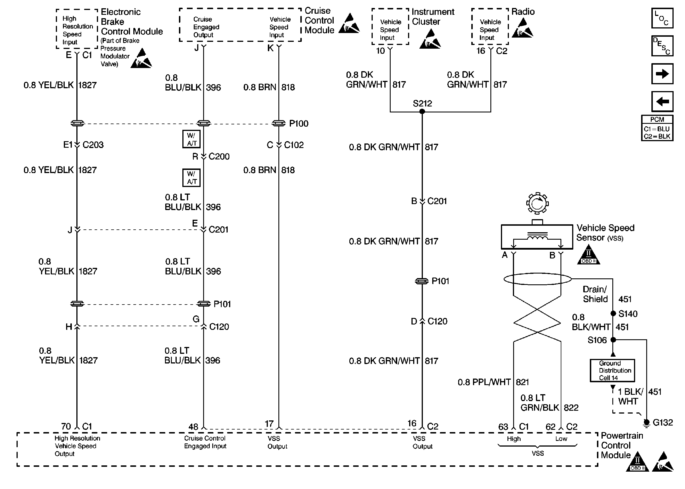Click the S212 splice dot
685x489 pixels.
[422, 111]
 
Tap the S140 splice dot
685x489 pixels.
[613, 313]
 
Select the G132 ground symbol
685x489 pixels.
[646, 423]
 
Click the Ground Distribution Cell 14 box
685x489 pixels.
[612, 370]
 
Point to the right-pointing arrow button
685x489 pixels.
[662, 74]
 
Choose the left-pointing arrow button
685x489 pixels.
[662, 102]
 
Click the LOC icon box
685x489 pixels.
[662, 18]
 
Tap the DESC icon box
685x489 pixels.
[662, 46]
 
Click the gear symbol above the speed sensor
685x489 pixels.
[537, 204]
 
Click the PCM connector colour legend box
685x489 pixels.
[657, 128]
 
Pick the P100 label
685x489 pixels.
[299, 124]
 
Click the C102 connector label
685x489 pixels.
[294, 145]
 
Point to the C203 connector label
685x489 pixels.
[93, 145]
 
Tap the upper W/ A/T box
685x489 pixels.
[191, 139]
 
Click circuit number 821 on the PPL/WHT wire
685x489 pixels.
[522, 382]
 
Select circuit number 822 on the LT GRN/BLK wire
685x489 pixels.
[571, 408]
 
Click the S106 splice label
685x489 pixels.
[597, 340]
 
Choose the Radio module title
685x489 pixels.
[523, 12]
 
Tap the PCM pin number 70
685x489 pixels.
[66, 426]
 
